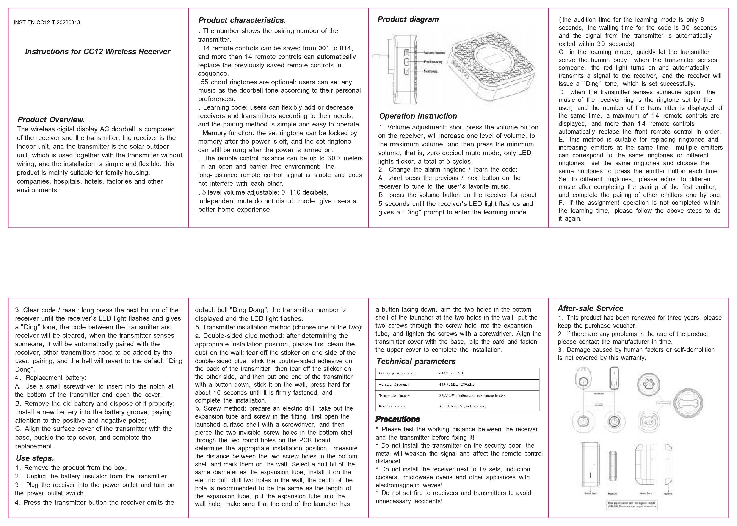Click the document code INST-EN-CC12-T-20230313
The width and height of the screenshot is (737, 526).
[x=47, y=23]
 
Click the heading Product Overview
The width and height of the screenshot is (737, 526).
[x=51, y=120]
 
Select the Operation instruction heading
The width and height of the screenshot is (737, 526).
[x=418, y=116]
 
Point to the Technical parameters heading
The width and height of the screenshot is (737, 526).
[x=416, y=362]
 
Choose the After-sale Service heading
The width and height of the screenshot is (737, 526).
[x=590, y=308]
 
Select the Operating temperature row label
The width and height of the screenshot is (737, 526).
[x=397, y=373]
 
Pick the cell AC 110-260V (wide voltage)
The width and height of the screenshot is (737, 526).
[x=463, y=406]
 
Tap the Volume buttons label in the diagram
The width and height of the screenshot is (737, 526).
[x=434, y=52]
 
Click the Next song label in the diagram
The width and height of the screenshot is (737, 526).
[x=431, y=71]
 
